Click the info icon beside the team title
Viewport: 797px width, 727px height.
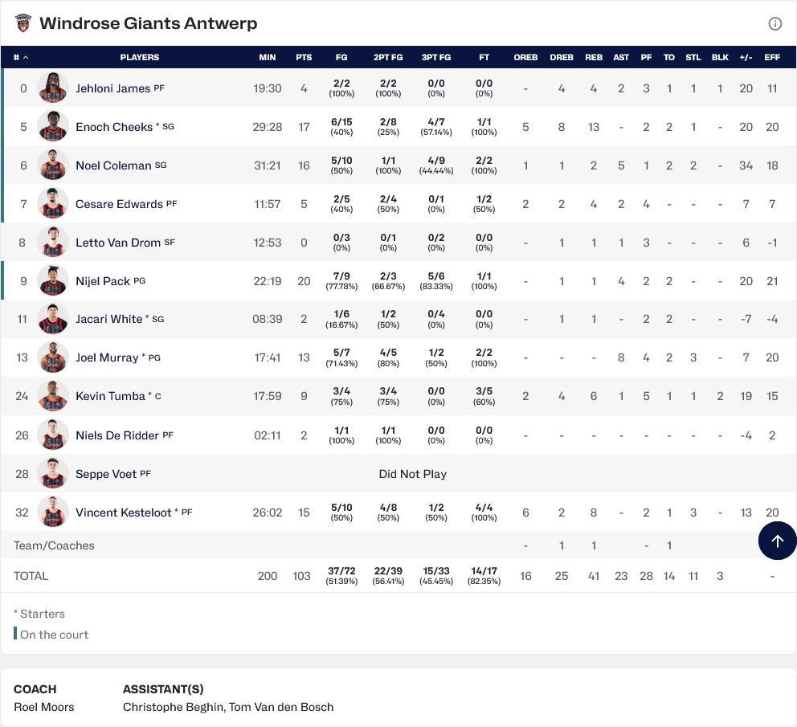[x=775, y=23]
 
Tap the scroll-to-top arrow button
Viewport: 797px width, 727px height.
[x=777, y=541]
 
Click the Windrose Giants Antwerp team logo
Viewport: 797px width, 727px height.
[x=22, y=22]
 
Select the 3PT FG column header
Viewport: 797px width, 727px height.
[x=435, y=58]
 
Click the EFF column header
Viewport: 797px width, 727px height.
[x=771, y=58]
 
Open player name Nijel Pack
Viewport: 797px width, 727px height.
[x=103, y=281]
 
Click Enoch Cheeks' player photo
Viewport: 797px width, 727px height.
[x=53, y=126]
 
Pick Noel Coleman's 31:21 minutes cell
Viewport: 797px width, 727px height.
[x=268, y=165]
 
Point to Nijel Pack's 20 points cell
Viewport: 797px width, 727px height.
[x=304, y=281]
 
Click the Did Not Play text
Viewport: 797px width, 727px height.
[x=413, y=474]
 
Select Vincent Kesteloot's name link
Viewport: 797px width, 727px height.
[x=124, y=513]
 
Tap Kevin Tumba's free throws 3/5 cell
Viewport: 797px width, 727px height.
[x=484, y=396]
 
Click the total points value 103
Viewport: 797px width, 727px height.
[x=301, y=576]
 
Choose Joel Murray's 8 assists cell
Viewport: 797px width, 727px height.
[x=621, y=357]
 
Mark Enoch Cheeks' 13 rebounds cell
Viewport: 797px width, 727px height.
[x=593, y=127]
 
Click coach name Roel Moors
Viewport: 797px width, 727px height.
[x=43, y=707]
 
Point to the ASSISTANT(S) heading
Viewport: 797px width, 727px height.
[x=163, y=689]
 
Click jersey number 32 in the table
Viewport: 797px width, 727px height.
[x=22, y=513]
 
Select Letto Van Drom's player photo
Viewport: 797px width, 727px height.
[x=53, y=242]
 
